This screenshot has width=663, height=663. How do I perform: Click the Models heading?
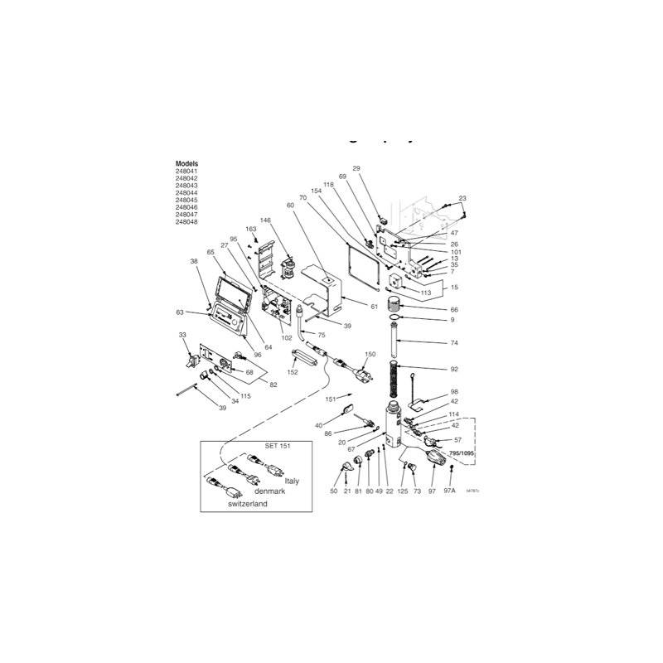pyautogui.click(x=187, y=164)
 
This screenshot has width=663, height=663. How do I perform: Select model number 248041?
pyautogui.click(x=187, y=172)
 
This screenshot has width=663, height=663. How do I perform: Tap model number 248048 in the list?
pyautogui.click(x=187, y=222)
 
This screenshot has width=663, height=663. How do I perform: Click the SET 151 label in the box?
pyautogui.click(x=278, y=447)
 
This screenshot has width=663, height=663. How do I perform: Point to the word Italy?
pyautogui.click(x=292, y=481)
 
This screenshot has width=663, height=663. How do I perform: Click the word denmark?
pyautogui.click(x=270, y=491)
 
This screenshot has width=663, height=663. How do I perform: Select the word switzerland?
pyautogui.click(x=248, y=504)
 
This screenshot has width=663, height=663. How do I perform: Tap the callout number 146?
pyautogui.click(x=265, y=220)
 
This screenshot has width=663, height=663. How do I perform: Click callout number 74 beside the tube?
pyautogui.click(x=453, y=342)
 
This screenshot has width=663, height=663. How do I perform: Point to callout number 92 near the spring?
pyautogui.click(x=453, y=369)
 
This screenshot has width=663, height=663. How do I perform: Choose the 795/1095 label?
pyautogui.click(x=462, y=454)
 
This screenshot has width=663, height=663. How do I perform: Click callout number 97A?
pyautogui.click(x=450, y=491)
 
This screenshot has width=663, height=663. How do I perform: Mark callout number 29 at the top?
pyautogui.click(x=356, y=168)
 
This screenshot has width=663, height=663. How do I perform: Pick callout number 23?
pyautogui.click(x=462, y=198)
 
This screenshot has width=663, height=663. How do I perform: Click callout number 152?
pyautogui.click(x=293, y=372)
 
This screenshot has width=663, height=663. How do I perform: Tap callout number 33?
pyautogui.click(x=182, y=334)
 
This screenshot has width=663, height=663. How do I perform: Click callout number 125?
pyautogui.click(x=403, y=491)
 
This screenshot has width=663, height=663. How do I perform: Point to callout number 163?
pyautogui.click(x=250, y=229)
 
